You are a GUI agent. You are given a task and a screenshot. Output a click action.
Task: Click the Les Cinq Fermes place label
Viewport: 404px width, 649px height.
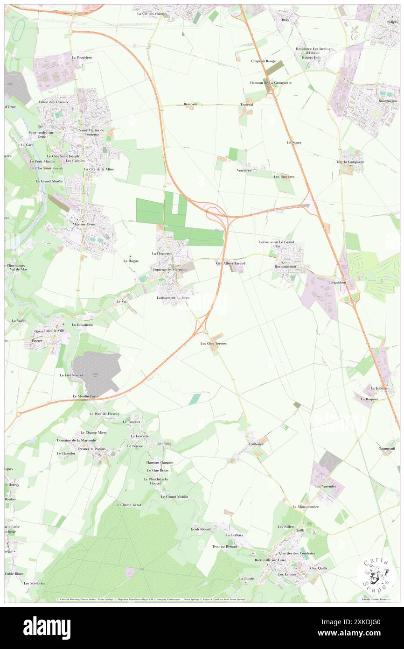214,343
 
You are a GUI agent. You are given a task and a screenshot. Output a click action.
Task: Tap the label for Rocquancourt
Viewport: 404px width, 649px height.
286,267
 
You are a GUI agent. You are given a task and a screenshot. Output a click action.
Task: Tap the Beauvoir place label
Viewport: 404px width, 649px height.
191,104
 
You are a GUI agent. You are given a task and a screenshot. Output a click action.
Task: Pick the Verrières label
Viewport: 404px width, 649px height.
244,170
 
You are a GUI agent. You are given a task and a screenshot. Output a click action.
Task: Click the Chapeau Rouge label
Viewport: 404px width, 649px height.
263,61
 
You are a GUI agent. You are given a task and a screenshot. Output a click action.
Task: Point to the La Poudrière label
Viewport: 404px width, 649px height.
82,57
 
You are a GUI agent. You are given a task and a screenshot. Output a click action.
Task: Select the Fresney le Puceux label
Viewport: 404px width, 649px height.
92,449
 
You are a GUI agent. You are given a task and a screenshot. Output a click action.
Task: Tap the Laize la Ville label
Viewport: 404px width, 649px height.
55,331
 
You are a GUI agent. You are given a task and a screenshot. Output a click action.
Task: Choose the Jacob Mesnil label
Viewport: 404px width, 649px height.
201,529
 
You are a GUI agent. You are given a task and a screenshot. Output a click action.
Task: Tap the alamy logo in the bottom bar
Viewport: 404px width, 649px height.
47,628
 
